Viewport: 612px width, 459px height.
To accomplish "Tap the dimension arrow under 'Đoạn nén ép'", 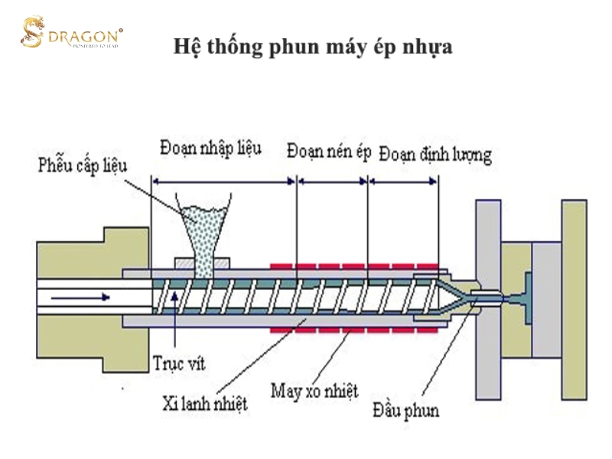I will [x=333, y=181].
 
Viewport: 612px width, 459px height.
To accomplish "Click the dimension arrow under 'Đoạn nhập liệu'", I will [x=223, y=181].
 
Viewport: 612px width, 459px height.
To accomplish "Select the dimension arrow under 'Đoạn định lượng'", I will [x=403, y=181].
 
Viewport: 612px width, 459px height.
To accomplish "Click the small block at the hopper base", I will [x=202, y=263].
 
